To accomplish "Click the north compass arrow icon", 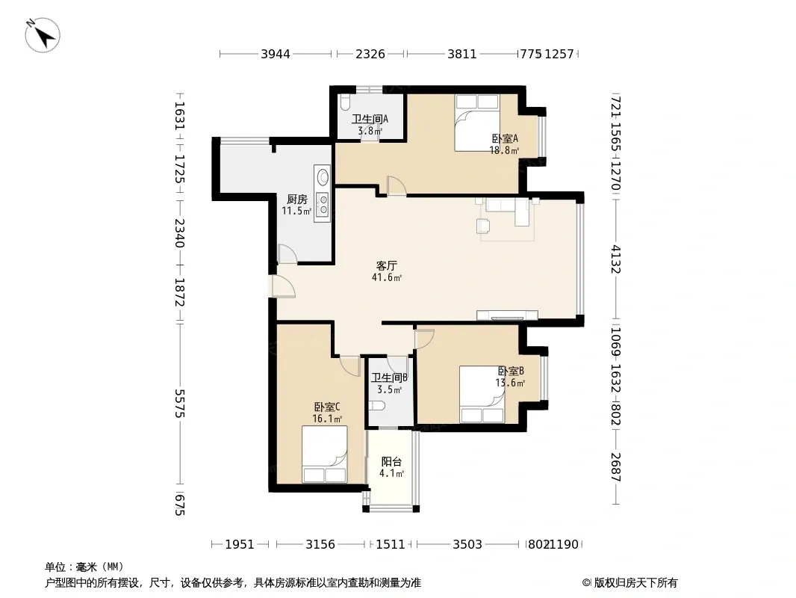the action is pos(43,35).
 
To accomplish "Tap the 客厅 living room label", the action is pos(386,265).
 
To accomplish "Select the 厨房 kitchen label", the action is pos(297,199).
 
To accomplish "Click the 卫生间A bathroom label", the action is pos(370,119).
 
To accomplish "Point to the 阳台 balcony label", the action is pos(391,462).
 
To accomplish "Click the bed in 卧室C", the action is pos(324,454).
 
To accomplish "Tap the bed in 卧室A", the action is pos(477,123).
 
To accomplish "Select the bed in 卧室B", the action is pos(482,394).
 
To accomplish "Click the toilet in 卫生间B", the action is pos(377,405).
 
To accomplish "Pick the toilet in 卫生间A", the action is pos(345,103).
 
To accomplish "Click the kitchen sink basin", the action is pos(323,177).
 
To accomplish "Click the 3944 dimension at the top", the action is pos(276,54).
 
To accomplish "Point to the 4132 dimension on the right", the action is pos(616,259).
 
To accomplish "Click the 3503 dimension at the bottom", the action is pos(467,545).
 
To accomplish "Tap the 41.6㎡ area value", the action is pos(387,277).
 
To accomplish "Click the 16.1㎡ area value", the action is pos(327,419).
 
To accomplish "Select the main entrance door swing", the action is pos(282,286).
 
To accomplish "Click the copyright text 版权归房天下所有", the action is pos(635,583).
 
